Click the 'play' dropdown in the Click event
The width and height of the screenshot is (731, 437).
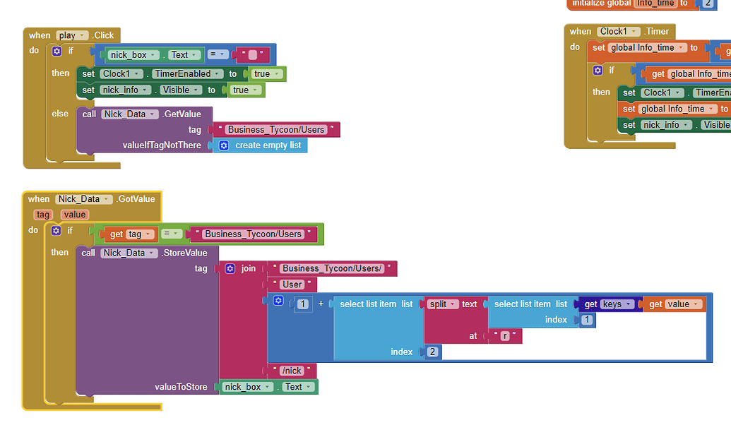click(72, 35)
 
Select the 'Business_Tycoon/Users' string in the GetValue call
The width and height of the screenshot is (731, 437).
click(276, 129)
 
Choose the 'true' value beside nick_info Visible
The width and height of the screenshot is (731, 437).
click(244, 90)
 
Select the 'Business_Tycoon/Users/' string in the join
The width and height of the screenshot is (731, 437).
click(331, 268)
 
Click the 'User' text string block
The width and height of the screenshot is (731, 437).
click(292, 285)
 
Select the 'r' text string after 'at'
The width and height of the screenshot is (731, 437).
click(505, 336)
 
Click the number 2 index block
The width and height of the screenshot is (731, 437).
click(432, 352)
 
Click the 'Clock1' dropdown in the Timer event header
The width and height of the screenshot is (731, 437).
click(617, 31)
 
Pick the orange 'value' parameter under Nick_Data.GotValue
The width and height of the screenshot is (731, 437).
click(74, 215)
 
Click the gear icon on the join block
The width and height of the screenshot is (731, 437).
click(230, 268)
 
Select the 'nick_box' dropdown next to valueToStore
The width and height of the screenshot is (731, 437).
click(248, 387)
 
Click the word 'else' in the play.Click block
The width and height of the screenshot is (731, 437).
click(60, 114)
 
